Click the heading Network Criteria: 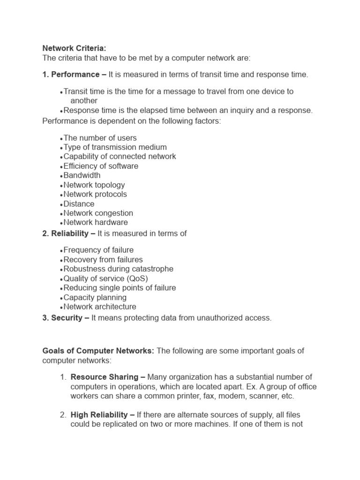click(75, 48)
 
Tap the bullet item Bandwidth click(82, 175)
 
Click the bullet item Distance click(79, 204)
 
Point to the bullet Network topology click(94, 185)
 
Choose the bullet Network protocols click(95, 194)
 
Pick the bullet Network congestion click(98, 213)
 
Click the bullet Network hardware click(96, 223)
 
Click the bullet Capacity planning click(95, 297)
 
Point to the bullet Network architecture click(100, 307)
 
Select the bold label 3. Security click(66, 318)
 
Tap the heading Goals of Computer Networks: click(98, 351)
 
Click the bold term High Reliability click(99, 415)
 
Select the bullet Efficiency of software click(101, 166)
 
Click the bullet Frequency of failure click(98, 250)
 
